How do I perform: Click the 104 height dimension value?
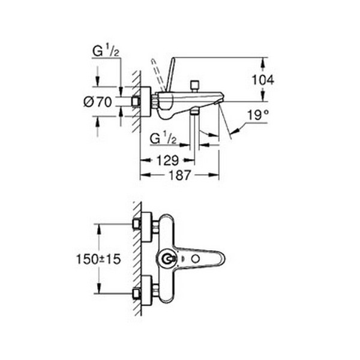pyautogui.click(x=263, y=79)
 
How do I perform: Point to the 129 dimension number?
pyautogui.click(x=168, y=160)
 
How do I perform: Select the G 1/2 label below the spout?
pyautogui.click(x=162, y=139)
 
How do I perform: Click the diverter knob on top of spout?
pyautogui.click(x=194, y=85)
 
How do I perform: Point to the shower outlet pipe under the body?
pyautogui.click(x=194, y=129)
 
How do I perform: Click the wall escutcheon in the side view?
pyautogui.click(x=144, y=102)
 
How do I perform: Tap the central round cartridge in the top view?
pyautogui.click(x=167, y=259)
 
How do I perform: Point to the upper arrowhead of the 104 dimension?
pyautogui.click(x=262, y=60)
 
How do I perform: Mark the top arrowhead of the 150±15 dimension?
pyautogui.click(x=97, y=227)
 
